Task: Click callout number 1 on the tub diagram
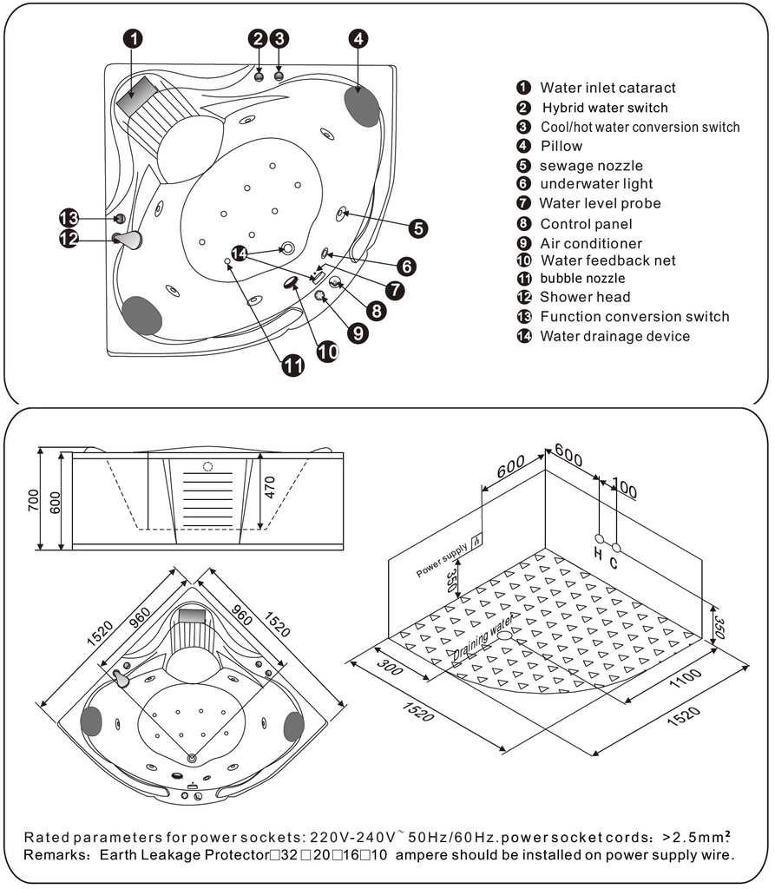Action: [132, 38]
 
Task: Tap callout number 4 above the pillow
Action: [360, 38]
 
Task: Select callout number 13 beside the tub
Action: [69, 217]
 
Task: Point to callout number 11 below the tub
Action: [293, 366]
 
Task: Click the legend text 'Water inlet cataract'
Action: [607, 88]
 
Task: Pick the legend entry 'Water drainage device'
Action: [614, 336]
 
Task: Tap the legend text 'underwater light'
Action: [595, 184]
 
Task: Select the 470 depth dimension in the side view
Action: [270, 489]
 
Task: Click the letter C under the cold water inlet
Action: [614, 562]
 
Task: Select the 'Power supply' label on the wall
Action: [441, 559]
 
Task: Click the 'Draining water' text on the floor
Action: [483, 641]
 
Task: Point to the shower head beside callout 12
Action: [128, 239]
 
